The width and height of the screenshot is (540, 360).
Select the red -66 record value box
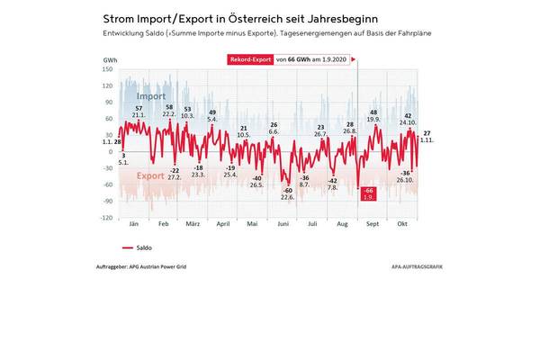[367, 193]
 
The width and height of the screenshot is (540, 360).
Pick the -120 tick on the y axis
[106, 218]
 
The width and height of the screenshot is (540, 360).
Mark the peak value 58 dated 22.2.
[169, 107]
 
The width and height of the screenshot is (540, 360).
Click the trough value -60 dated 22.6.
[288, 191]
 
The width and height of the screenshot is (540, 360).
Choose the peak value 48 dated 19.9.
[373, 112]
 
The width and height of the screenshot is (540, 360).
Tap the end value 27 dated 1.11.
[427, 133]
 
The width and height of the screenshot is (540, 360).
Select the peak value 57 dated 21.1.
[139, 108]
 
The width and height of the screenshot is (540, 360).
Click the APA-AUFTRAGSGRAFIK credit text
[418, 267]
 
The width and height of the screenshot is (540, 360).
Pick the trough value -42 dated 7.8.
[333, 182]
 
